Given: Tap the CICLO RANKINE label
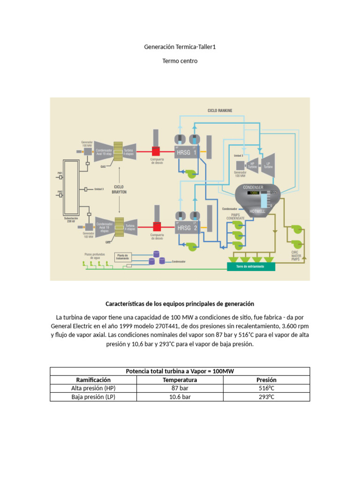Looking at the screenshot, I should click(x=219, y=111).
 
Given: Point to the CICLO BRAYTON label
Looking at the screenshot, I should click(x=119, y=189).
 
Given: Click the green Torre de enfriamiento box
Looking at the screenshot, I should click(x=251, y=266).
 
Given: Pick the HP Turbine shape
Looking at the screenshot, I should click(x=253, y=165).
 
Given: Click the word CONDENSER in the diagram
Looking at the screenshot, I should click(x=253, y=187).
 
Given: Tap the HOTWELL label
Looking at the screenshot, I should click(x=257, y=211).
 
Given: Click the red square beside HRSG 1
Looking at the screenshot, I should click(x=156, y=151).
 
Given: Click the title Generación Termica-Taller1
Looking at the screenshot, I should click(x=180, y=47).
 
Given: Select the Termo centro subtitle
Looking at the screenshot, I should click(x=180, y=61).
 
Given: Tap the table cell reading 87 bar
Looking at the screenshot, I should click(x=180, y=388).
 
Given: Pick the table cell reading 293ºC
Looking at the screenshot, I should click(x=266, y=397).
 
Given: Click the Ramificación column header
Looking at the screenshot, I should click(x=93, y=380).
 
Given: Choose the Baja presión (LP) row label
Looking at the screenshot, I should click(x=93, y=397).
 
